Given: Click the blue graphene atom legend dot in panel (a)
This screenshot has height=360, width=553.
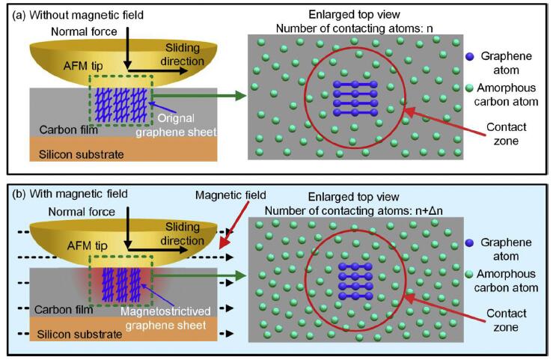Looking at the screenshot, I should coord(469,56).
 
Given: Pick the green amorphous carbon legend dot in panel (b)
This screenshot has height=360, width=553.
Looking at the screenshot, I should coord(469,266).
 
